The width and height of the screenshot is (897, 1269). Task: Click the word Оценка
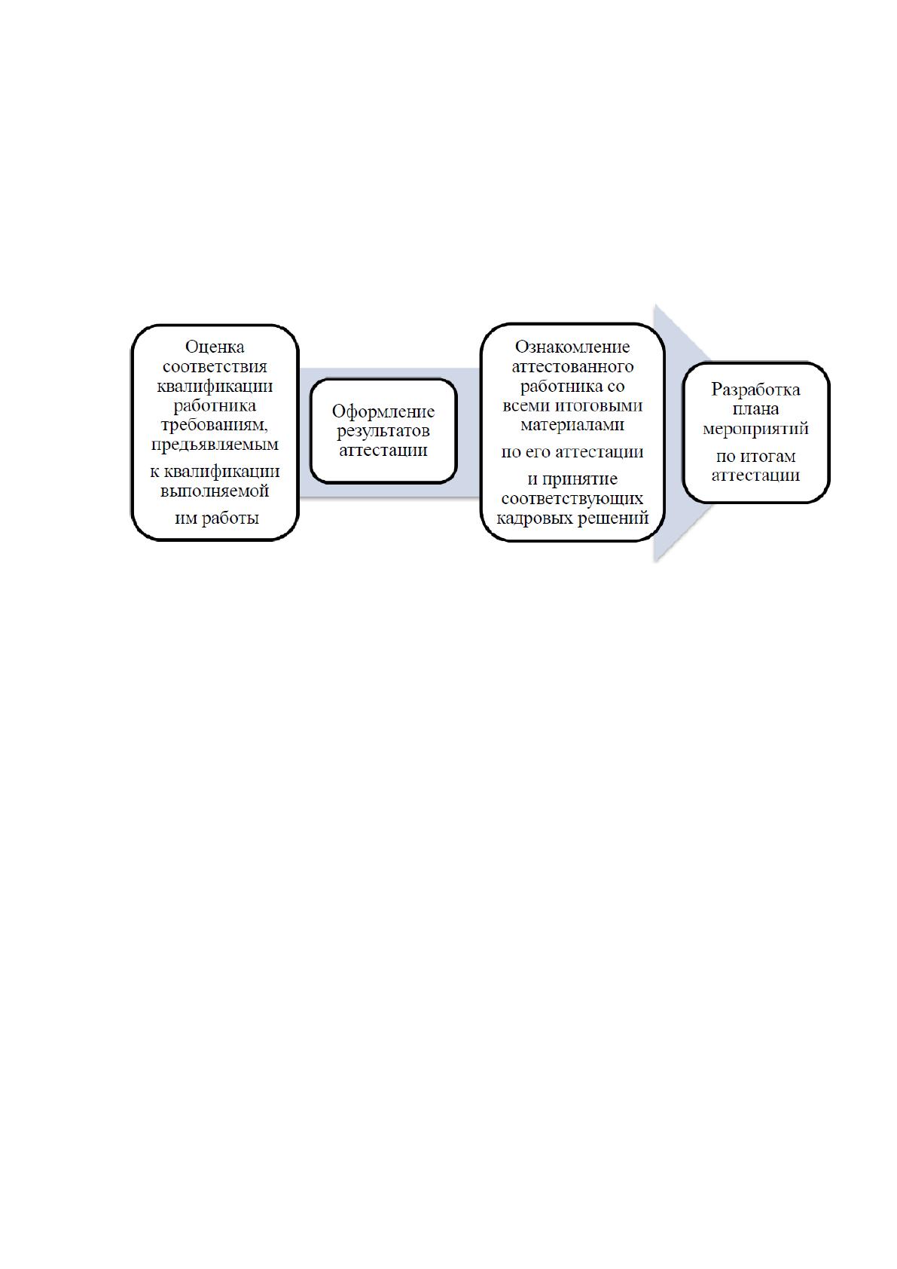pyautogui.click(x=215, y=346)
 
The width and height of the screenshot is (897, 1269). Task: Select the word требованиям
pyautogui.click(x=215, y=425)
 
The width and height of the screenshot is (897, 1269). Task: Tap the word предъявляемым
pyautogui.click(x=215, y=445)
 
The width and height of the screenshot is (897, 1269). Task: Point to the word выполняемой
pyautogui.click(x=215, y=491)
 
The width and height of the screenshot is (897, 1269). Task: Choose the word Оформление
pyautogui.click(x=383, y=411)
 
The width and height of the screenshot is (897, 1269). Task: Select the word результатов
pyautogui.click(x=383, y=431)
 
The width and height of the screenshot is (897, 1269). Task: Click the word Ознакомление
pyautogui.click(x=572, y=346)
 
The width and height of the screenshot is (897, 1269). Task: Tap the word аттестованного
pyautogui.click(x=572, y=366)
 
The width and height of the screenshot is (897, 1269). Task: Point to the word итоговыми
pyautogui.click(x=599, y=405)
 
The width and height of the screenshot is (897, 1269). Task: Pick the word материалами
pyautogui.click(x=572, y=425)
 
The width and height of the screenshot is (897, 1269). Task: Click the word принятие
pyautogui.click(x=580, y=480)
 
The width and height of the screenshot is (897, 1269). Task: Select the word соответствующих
pyautogui.click(x=572, y=499)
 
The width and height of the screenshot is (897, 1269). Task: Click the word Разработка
pyautogui.click(x=756, y=390)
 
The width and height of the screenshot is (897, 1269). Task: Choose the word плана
pyautogui.click(x=756, y=409)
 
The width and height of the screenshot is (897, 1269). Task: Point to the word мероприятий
pyautogui.click(x=756, y=429)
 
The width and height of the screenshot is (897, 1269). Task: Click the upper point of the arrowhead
pyautogui.click(x=654, y=304)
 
